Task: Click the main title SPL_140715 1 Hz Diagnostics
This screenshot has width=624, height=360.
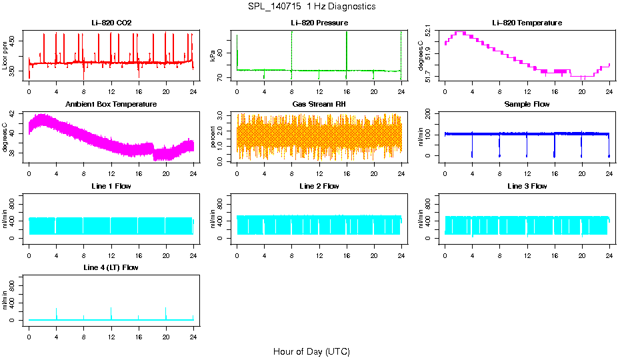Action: point(311,6)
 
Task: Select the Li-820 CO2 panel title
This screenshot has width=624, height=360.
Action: point(111,23)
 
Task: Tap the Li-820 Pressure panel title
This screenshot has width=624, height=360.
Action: point(319,23)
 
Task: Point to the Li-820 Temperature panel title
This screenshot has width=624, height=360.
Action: point(527,23)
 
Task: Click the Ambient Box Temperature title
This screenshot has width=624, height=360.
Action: point(111,104)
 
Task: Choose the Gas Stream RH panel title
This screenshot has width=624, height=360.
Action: point(319,104)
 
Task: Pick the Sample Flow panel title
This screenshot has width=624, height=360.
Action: point(527,104)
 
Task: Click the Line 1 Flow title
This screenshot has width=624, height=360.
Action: point(111,186)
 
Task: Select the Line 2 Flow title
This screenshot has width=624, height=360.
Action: point(319,186)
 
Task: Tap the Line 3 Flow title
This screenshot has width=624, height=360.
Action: point(527,186)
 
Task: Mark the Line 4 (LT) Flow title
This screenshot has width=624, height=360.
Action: point(111,267)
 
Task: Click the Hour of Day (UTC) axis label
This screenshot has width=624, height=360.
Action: point(311,351)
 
